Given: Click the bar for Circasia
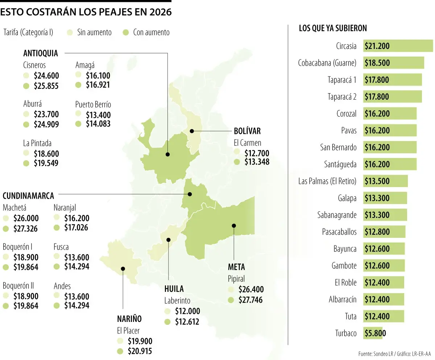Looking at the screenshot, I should pyautogui.click(x=398, y=46).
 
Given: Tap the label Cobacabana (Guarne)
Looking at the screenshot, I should pyautogui.click(x=327, y=63).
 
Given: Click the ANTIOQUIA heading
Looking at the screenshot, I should pyautogui.click(x=41, y=53).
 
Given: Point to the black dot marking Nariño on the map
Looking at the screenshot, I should pyautogui.click(x=123, y=269).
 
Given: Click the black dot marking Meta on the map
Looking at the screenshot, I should pyautogui.click(x=234, y=225).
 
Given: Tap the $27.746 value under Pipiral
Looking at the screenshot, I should pyautogui.click(x=251, y=300).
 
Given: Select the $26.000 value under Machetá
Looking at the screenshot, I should pyautogui.click(x=26, y=219).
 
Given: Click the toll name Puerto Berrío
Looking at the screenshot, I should pyautogui.click(x=93, y=104).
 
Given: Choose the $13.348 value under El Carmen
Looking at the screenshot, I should pyautogui.click(x=257, y=162).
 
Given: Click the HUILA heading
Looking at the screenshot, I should pyautogui.click(x=174, y=289).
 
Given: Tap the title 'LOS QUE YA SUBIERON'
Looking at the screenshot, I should pyautogui.click(x=333, y=28).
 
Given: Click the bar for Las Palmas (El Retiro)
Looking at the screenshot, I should pyautogui.click(x=385, y=181).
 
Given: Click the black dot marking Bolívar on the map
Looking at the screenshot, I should pyautogui.click(x=192, y=131).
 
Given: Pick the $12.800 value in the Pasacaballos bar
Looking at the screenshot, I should pyautogui.click(x=377, y=232).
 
